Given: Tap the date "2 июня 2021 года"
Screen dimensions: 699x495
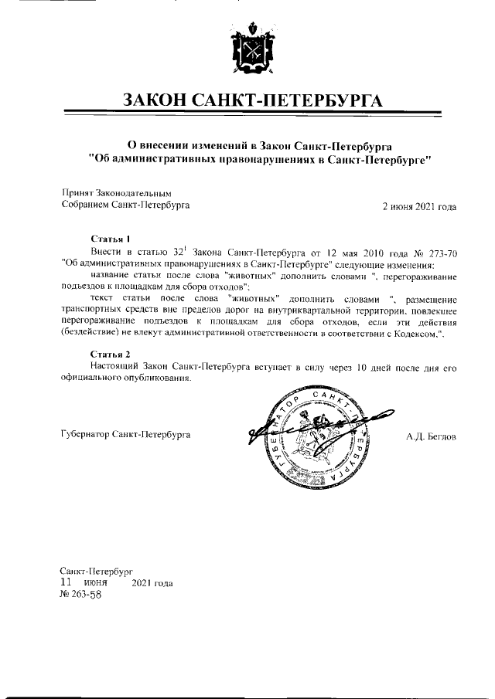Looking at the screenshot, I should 420,206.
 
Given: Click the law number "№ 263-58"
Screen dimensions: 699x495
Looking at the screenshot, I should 80,595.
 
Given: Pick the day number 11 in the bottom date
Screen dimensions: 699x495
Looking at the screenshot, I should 67,582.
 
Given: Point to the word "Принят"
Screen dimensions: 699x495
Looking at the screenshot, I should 76,193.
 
